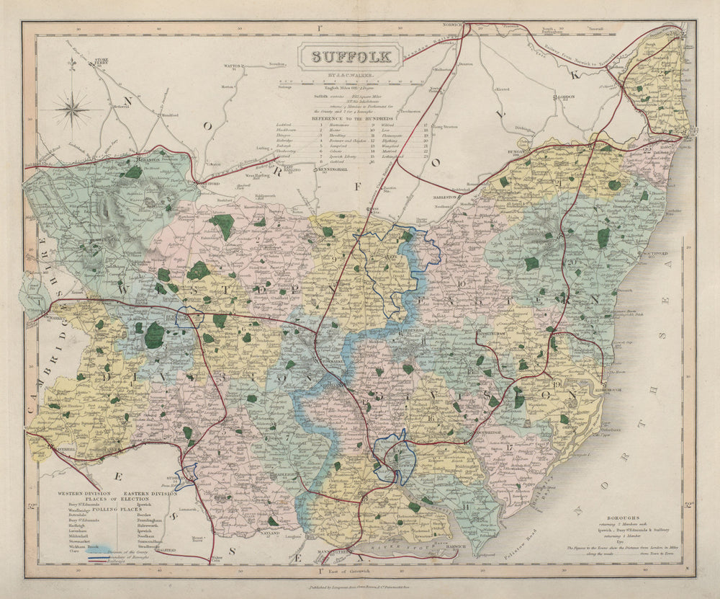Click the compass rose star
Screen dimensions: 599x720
pyautogui.click(x=73, y=110)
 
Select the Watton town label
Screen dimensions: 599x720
pyautogui.click(x=231, y=66)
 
